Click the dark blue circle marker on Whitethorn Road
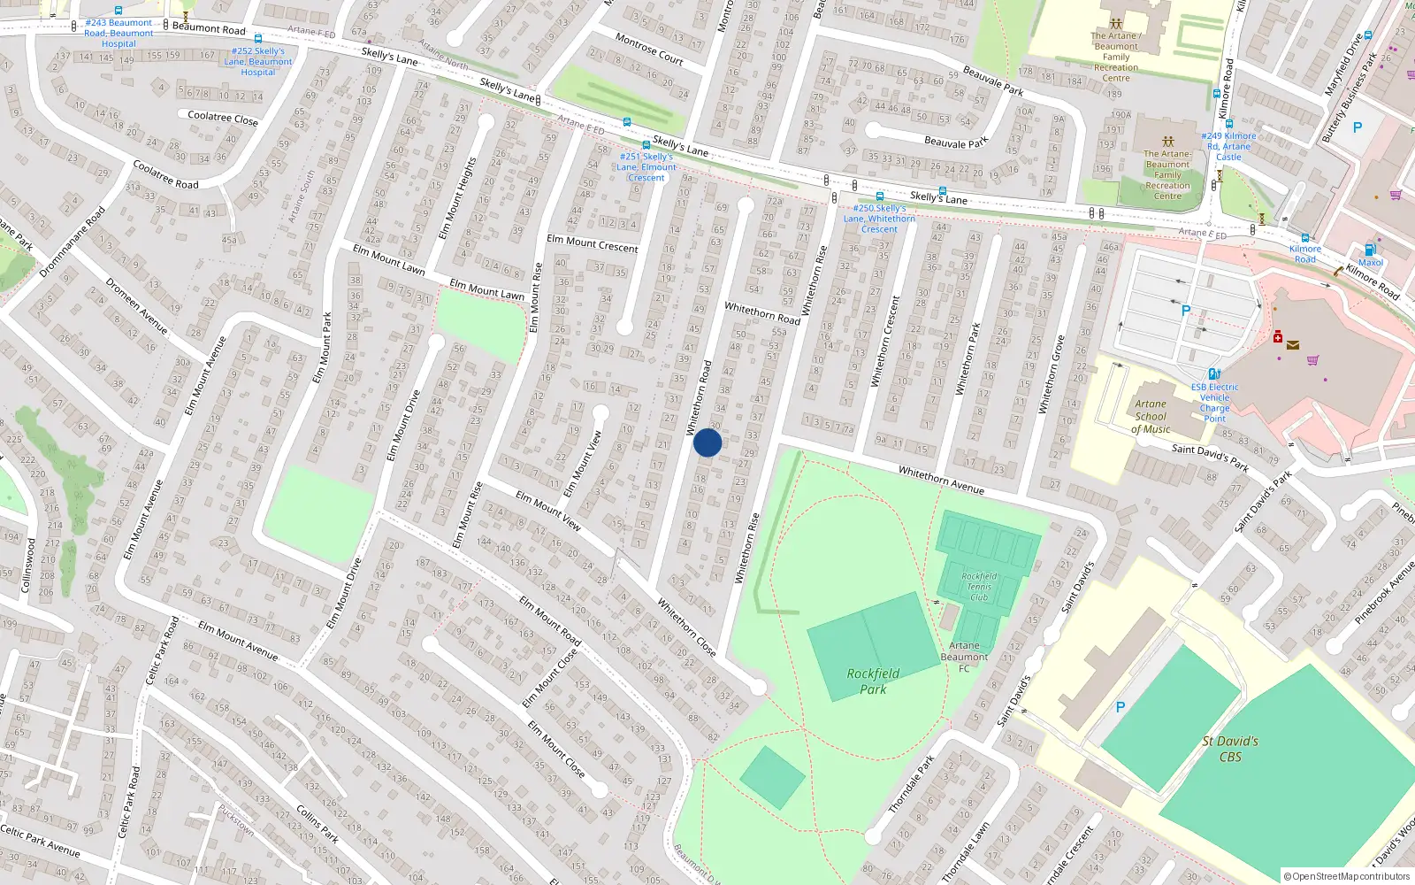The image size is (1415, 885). coord(707,442)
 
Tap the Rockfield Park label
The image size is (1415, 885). coord(873,681)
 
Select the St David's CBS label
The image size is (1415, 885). coord(1230,749)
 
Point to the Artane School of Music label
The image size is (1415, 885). coord(1151,417)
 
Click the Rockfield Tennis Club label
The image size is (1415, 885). coord(979,587)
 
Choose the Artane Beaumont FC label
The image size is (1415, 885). coord(964,656)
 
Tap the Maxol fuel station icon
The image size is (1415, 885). coord(1370,250)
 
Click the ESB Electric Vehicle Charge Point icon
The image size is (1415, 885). coord(1214,374)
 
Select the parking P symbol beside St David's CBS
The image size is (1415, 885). coord(1121,707)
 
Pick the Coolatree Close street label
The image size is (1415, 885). coord(223,117)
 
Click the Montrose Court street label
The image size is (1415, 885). coord(649,49)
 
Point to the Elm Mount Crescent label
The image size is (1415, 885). coord(593,243)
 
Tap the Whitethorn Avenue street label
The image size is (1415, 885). coord(941,480)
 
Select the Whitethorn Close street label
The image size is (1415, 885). coord(686,627)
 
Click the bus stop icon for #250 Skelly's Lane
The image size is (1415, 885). coord(879,196)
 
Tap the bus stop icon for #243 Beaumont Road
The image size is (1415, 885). coord(119,12)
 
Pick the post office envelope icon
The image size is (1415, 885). coord(1293,345)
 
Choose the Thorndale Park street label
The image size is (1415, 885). coord(911,784)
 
